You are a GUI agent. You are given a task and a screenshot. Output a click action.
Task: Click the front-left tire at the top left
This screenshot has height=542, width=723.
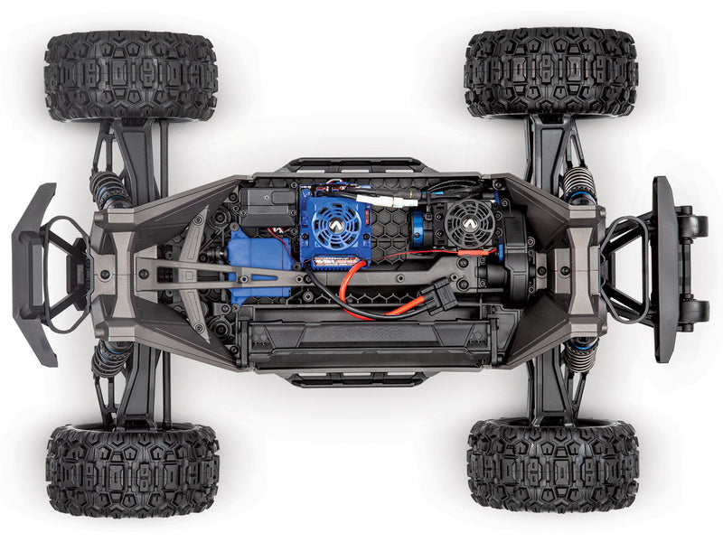[131, 77]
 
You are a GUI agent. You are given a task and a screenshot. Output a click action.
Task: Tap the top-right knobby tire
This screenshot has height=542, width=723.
[551, 72]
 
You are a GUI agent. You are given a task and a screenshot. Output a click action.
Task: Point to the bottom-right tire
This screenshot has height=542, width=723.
[553, 465]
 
